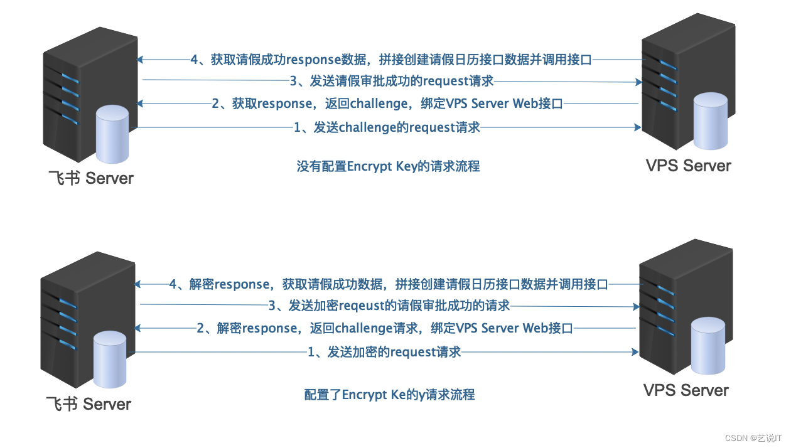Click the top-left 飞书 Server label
91,178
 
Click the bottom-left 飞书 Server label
89,403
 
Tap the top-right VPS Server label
689,166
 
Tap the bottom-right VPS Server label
686,390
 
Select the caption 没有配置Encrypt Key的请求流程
388,167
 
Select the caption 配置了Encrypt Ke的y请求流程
389,395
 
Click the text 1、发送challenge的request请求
387,127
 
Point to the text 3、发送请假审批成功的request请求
391,80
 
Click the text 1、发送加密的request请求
384,352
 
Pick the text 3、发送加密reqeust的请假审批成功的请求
389,306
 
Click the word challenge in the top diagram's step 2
378,104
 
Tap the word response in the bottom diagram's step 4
242,284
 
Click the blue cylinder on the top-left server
112,134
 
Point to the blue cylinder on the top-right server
711,122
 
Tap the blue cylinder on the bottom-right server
708,347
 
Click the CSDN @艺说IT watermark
752,438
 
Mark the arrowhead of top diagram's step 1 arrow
638,127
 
